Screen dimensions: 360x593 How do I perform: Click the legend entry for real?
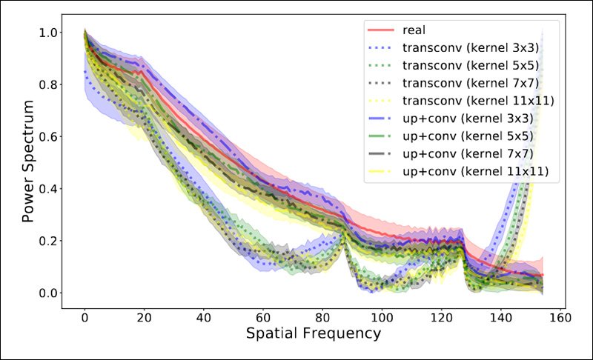point(414,30)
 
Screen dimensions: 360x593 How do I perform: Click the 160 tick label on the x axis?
point(560,313)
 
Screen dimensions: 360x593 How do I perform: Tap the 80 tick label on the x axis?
point(322,313)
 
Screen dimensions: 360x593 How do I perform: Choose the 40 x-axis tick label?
point(204,313)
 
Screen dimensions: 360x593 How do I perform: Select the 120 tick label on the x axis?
point(441,313)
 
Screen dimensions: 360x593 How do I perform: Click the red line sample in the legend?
point(381,30)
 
